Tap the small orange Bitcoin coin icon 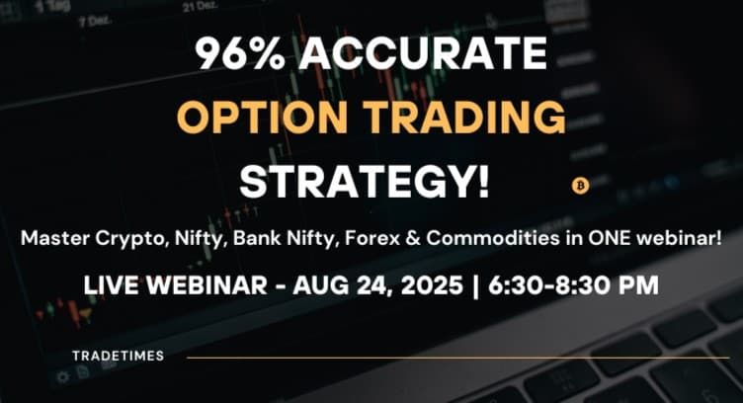coord(580,185)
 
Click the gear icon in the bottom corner coord(62,376)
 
